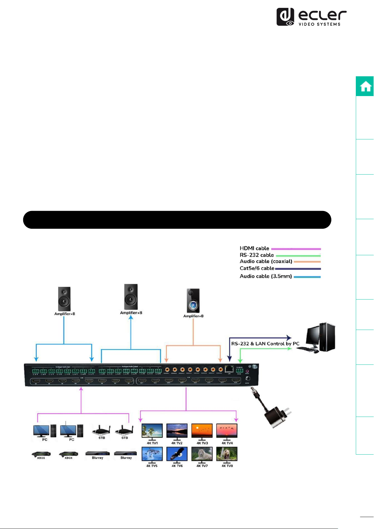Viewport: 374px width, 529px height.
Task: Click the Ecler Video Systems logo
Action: click(311, 17)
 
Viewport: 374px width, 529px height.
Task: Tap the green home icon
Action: click(365, 86)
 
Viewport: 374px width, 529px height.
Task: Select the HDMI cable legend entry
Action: click(254, 248)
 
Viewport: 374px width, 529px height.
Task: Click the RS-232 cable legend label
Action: click(257, 255)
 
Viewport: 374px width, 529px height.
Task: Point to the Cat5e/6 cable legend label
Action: click(257, 268)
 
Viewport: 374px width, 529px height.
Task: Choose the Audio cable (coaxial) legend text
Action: click(266, 261)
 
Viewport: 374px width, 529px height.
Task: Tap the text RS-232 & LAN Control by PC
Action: click(265, 343)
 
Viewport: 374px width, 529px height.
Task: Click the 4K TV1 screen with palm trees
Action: click(152, 431)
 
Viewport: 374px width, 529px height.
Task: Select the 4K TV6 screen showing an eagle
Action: click(177, 454)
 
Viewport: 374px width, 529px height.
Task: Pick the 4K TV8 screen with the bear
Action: click(227, 454)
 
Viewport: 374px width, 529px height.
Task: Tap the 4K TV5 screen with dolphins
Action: click(152, 454)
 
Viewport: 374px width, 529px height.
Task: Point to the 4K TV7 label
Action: click(202, 466)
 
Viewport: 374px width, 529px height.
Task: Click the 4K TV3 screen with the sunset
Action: click(202, 431)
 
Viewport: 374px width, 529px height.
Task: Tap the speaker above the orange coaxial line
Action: click(193, 301)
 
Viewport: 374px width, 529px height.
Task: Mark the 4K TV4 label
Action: click(227, 443)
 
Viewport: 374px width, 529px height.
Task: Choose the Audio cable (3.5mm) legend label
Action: click(266, 276)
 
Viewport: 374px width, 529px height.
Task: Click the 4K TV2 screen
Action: click(177, 431)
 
